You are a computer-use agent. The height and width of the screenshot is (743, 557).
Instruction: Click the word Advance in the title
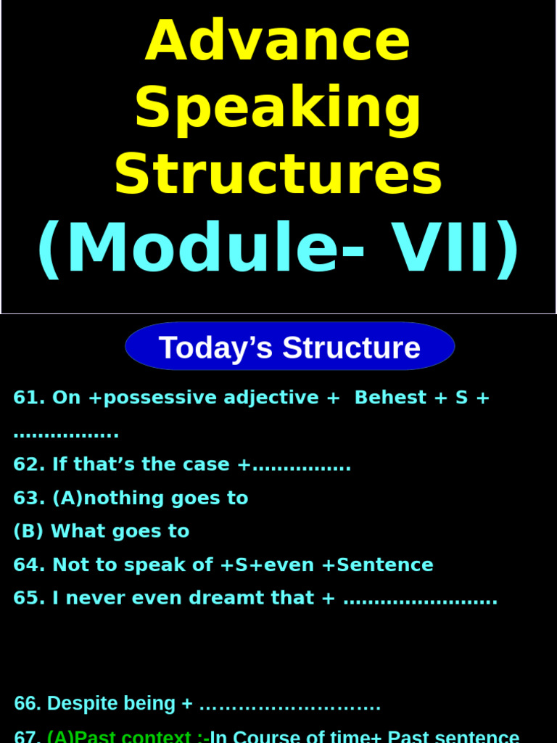tap(278, 42)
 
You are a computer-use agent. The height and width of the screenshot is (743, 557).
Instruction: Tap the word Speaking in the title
tap(278, 109)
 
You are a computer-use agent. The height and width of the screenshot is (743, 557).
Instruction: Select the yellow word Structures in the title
tap(278, 174)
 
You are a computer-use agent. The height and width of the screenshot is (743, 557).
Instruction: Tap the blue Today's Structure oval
tap(289, 347)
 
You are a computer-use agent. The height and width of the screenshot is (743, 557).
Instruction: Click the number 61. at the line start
tap(29, 398)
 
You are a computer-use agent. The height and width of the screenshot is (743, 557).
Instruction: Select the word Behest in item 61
tap(390, 398)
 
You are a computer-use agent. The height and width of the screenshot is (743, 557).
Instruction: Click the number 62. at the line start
tap(29, 464)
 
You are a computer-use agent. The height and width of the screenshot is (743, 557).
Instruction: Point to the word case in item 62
tap(205, 464)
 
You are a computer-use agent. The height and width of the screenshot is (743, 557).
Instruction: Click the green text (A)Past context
tap(123, 736)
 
